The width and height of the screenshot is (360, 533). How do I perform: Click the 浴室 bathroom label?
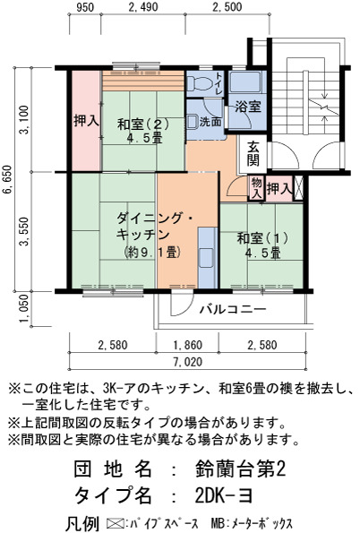248,107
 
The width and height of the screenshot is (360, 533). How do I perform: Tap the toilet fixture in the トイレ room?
200,83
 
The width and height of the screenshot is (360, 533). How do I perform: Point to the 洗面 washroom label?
210,121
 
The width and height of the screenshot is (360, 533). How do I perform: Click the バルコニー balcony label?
233,309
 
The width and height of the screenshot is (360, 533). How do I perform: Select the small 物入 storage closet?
257,187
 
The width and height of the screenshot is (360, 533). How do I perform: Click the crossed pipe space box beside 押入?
298,187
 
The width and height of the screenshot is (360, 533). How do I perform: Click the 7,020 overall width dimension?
188,363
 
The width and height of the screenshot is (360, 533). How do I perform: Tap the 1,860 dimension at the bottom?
188,346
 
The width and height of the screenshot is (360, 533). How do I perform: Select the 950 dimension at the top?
85,7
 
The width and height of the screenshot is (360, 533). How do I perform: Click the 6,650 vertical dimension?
7,179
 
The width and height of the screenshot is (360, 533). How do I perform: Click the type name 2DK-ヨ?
224,496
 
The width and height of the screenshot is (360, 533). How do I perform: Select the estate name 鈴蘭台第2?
240,469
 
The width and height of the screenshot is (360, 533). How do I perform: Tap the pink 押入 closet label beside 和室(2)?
87,121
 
